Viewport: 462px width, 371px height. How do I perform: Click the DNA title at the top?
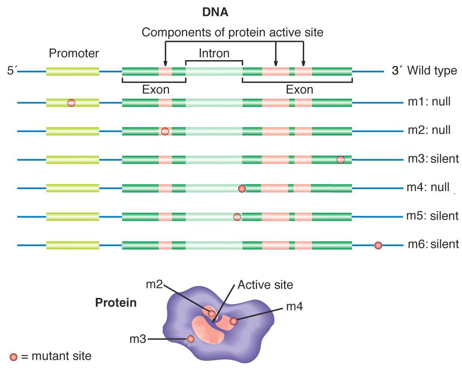215,12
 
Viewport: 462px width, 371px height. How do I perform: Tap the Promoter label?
74,53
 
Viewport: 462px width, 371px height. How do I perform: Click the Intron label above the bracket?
214,53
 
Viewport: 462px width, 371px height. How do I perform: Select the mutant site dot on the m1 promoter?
71,103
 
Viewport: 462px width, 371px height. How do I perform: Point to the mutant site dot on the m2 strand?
165,131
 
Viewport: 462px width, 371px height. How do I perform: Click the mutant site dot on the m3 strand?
341,160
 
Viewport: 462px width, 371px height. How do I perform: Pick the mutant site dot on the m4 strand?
242,188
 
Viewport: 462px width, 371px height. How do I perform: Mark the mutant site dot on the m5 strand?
237,217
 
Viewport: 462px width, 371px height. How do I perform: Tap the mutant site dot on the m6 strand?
378,245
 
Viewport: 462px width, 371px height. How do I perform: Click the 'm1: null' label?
429,101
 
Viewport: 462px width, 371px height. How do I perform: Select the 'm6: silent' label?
433,244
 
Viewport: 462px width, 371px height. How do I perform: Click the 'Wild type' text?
432,70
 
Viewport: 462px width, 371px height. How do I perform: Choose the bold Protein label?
116,303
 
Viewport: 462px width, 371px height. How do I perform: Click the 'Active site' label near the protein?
265,285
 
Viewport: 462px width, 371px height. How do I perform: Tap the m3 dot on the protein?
191,339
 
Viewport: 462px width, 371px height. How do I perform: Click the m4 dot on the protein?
234,321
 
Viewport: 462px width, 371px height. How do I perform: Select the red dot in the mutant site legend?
13,357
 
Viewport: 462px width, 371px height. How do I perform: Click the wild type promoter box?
72,71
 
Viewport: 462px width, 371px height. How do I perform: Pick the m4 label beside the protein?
295,306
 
